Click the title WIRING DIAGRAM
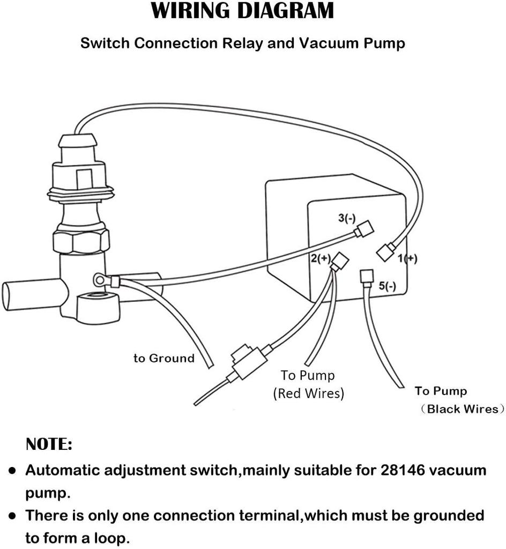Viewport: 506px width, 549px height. (x=242, y=11)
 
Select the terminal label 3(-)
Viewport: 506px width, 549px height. (x=347, y=218)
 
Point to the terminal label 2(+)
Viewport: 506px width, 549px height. (x=321, y=258)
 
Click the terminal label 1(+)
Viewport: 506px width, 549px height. (x=407, y=259)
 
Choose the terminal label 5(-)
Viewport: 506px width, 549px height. (x=388, y=286)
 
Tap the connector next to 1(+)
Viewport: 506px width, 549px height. (x=386, y=252)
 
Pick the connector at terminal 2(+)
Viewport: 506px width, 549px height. (x=340, y=262)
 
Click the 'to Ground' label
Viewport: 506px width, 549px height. (x=164, y=358)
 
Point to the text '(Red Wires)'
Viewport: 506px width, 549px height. (x=308, y=393)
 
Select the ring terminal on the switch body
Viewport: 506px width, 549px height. (x=100, y=279)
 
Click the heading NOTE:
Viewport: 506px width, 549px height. (x=49, y=444)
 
